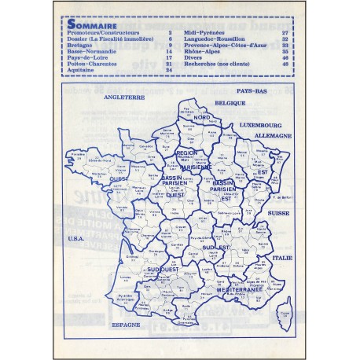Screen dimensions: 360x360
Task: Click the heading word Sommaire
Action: [x=89, y=24]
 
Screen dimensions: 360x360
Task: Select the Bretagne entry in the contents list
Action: [x=82, y=44]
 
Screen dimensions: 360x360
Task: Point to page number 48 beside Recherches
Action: [x=285, y=63]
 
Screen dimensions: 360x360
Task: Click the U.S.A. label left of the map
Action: [x=76, y=238]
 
